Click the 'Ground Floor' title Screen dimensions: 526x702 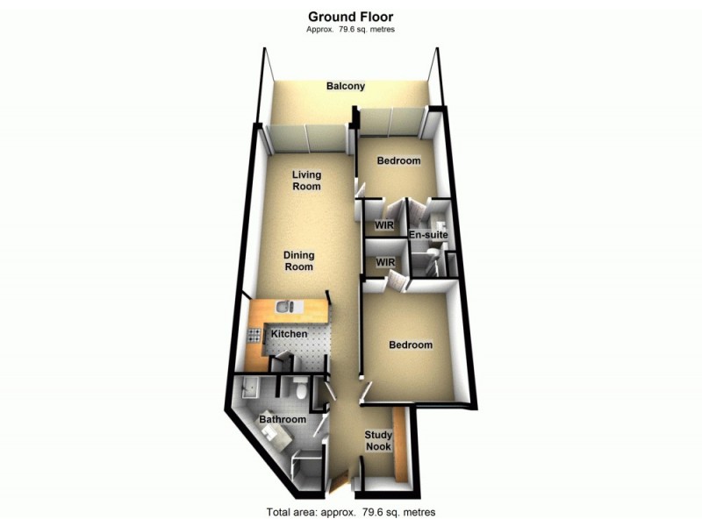350,16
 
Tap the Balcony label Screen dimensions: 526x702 346,86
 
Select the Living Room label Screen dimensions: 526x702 306,180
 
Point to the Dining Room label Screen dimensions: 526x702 298,260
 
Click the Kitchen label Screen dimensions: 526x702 289,335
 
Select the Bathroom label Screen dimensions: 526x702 283,420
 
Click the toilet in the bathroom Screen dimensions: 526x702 301,392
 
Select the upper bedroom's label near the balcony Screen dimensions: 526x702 398,161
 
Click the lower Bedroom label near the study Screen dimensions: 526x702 411,345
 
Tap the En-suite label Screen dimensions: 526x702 429,236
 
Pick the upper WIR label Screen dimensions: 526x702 384,225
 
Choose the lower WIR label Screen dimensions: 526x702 384,262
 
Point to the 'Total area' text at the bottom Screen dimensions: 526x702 350,512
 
